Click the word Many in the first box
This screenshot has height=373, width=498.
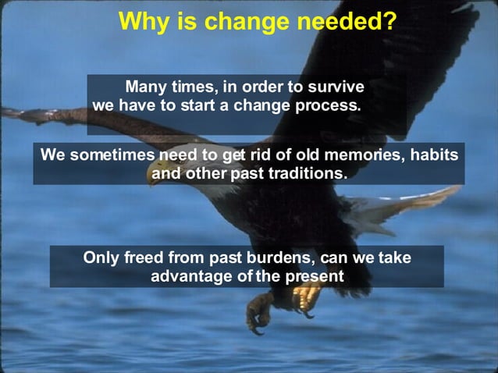tap(148, 87)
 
